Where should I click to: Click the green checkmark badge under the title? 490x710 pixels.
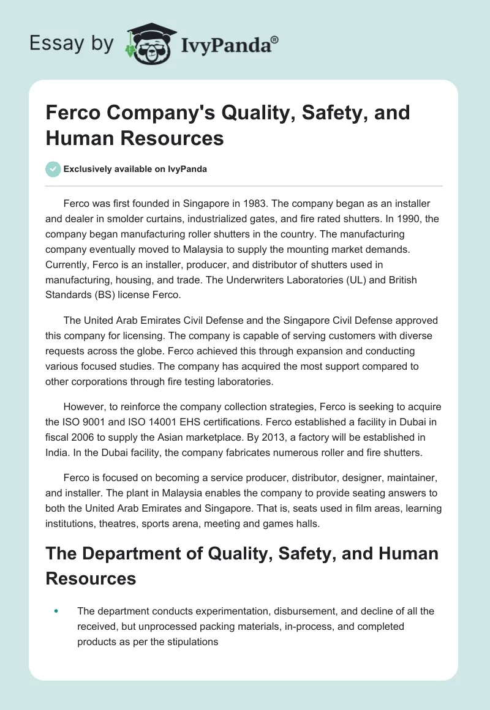[x=53, y=169]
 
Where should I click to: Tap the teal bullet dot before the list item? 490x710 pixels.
[x=56, y=610]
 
